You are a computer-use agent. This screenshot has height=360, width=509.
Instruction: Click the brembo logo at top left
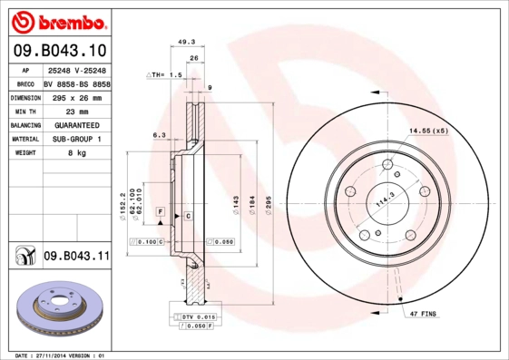56,20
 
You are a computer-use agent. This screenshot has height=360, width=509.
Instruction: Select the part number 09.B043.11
76,256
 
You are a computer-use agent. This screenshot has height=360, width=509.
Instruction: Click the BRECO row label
24,83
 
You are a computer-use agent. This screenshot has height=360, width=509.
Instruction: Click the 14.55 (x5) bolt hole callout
428,131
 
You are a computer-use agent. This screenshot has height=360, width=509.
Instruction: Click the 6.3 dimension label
159,135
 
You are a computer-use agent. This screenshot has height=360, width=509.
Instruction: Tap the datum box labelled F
160,210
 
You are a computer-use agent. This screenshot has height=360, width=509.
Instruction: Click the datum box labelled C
188,216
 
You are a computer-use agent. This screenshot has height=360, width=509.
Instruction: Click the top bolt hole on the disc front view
387,164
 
